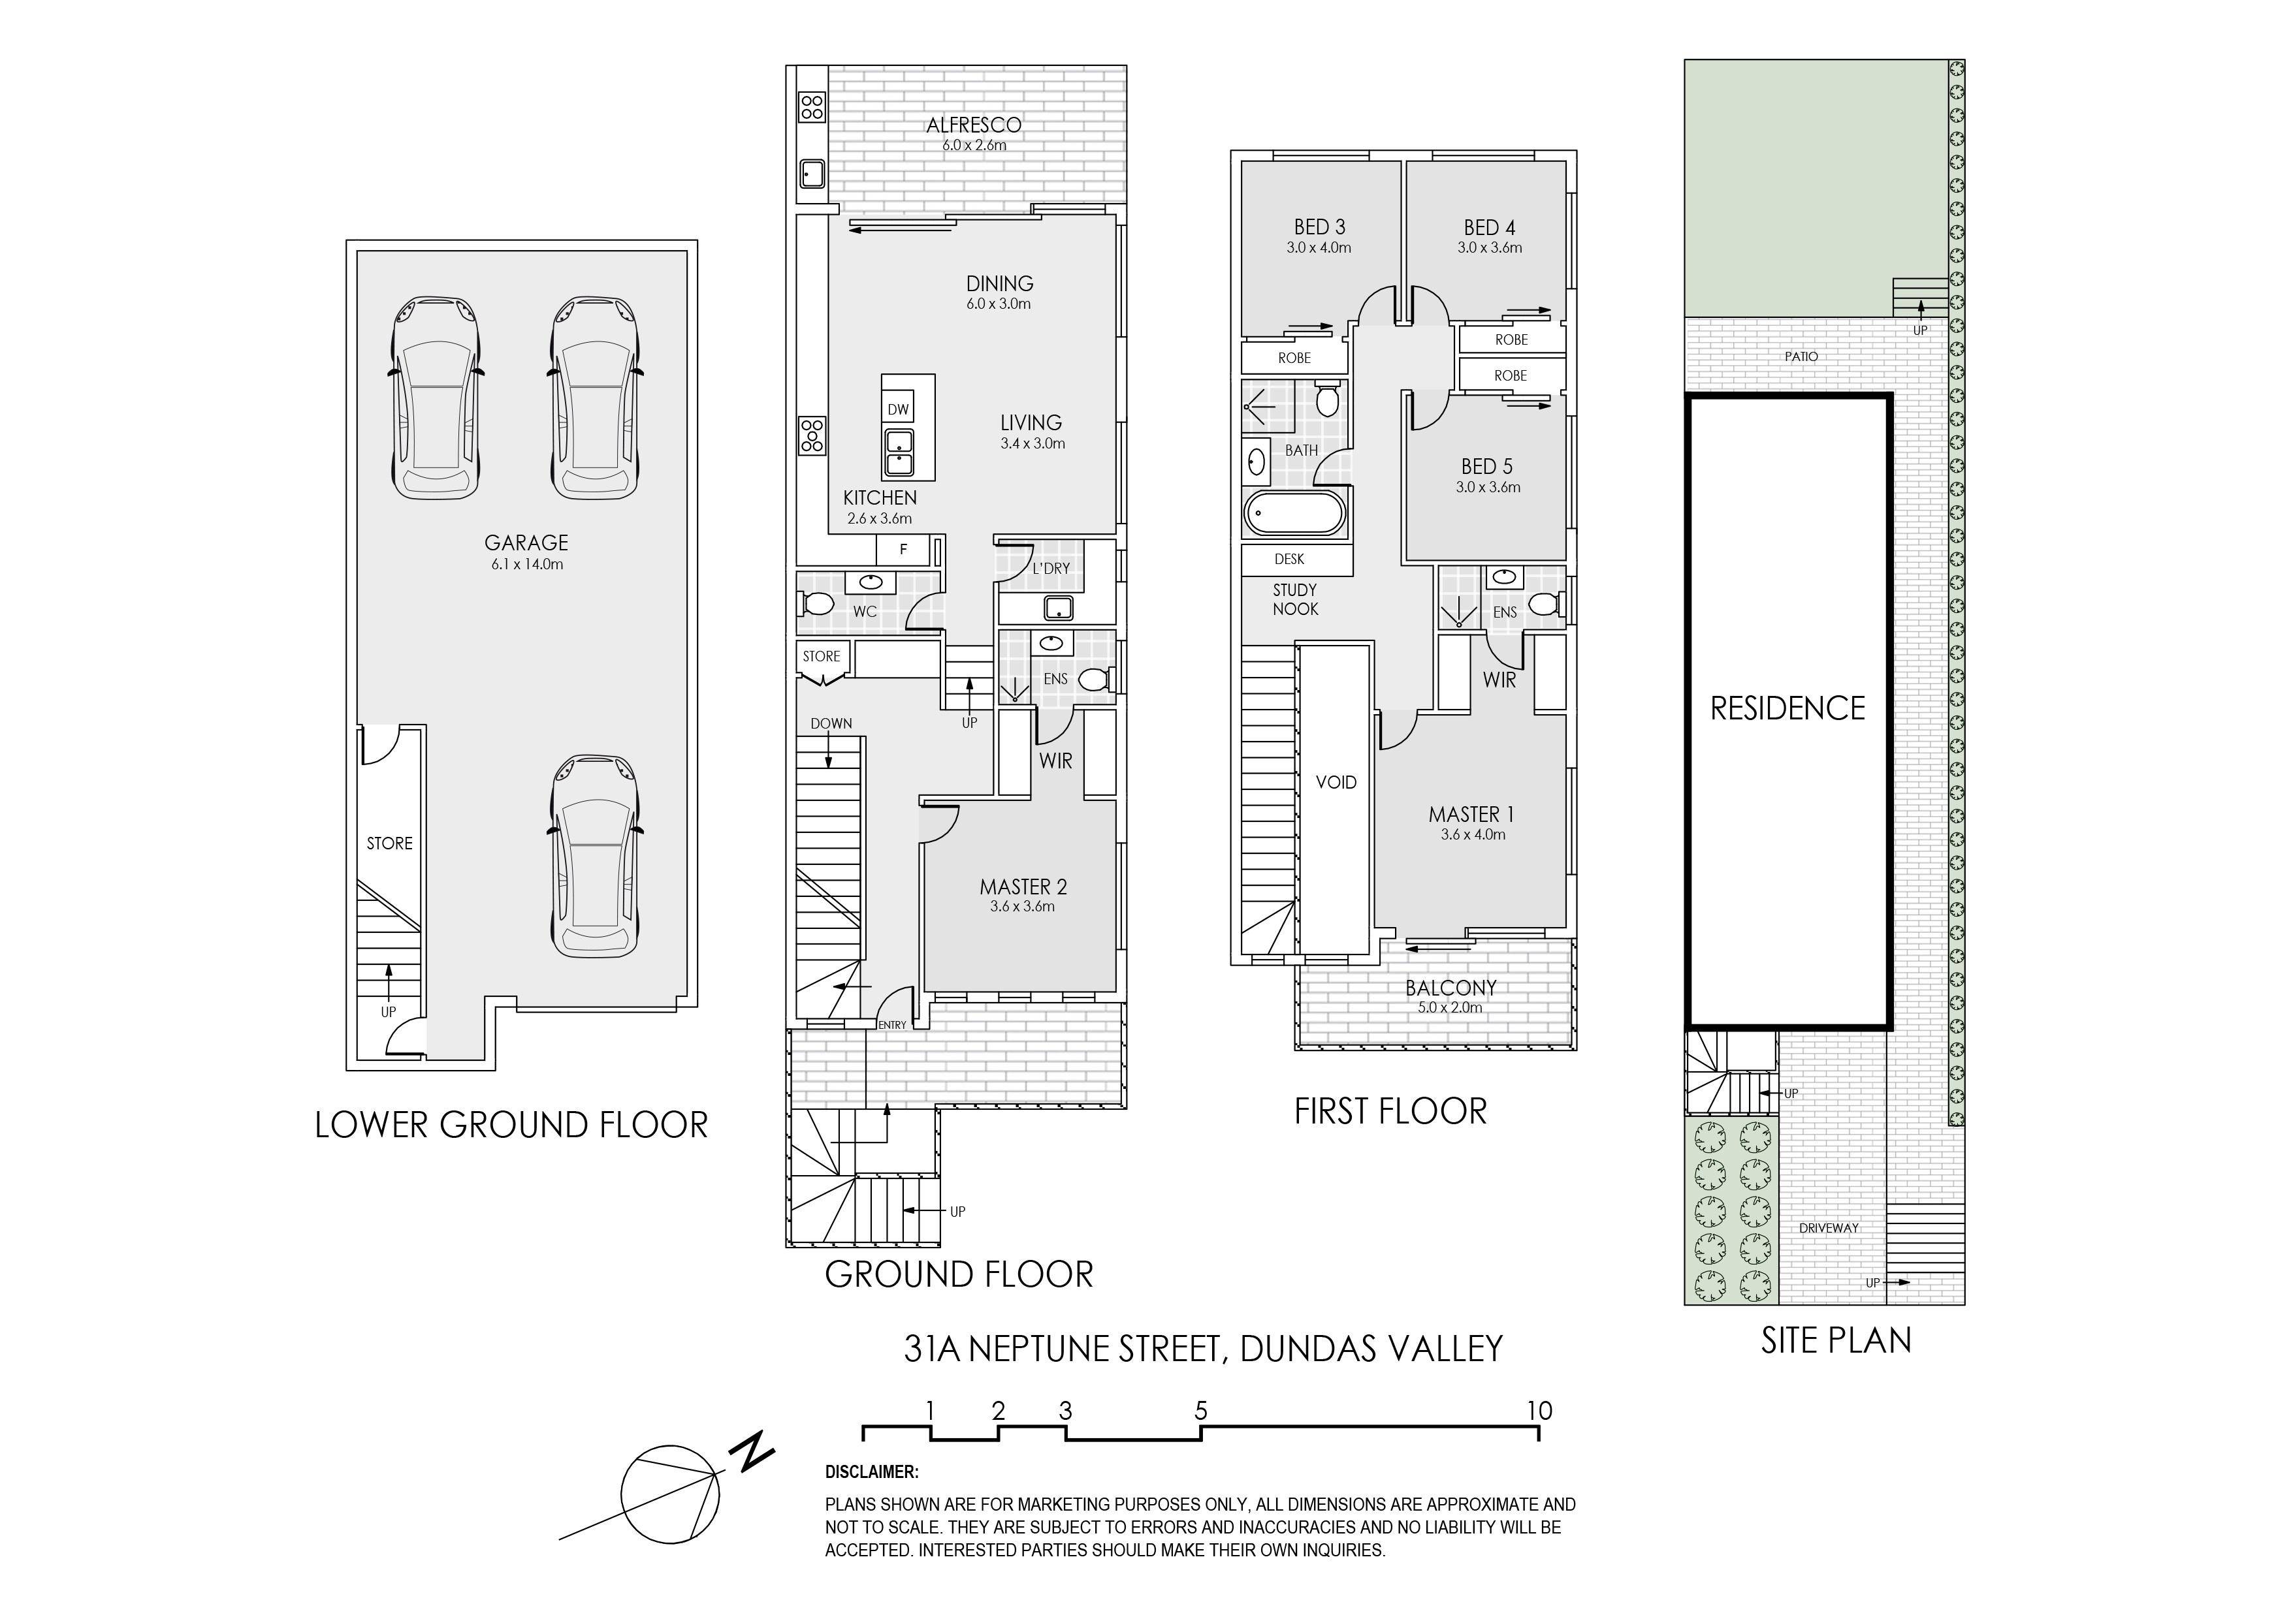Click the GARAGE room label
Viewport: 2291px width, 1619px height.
point(526,542)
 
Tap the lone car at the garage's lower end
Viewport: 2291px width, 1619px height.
point(595,856)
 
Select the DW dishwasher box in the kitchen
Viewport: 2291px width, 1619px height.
point(898,409)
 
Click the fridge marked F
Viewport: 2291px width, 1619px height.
point(903,550)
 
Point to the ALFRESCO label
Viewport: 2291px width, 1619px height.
point(974,125)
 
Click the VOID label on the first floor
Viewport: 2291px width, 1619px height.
point(1336,782)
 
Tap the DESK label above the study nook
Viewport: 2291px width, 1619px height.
point(1289,559)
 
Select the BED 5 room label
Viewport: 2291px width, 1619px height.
point(1487,466)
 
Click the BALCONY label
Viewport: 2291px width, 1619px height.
point(1451,988)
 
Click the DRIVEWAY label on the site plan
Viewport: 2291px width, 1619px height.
point(1829,1228)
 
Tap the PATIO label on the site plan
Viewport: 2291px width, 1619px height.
point(1801,356)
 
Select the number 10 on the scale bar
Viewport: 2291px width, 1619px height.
point(1540,1411)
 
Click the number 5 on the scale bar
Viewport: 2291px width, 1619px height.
point(1202,1411)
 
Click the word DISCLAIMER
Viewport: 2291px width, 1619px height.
point(872,1472)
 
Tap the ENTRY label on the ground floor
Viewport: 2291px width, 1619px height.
point(892,1026)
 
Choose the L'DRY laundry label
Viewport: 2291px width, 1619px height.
point(1051,569)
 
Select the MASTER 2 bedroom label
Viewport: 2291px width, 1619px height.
point(1023,887)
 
